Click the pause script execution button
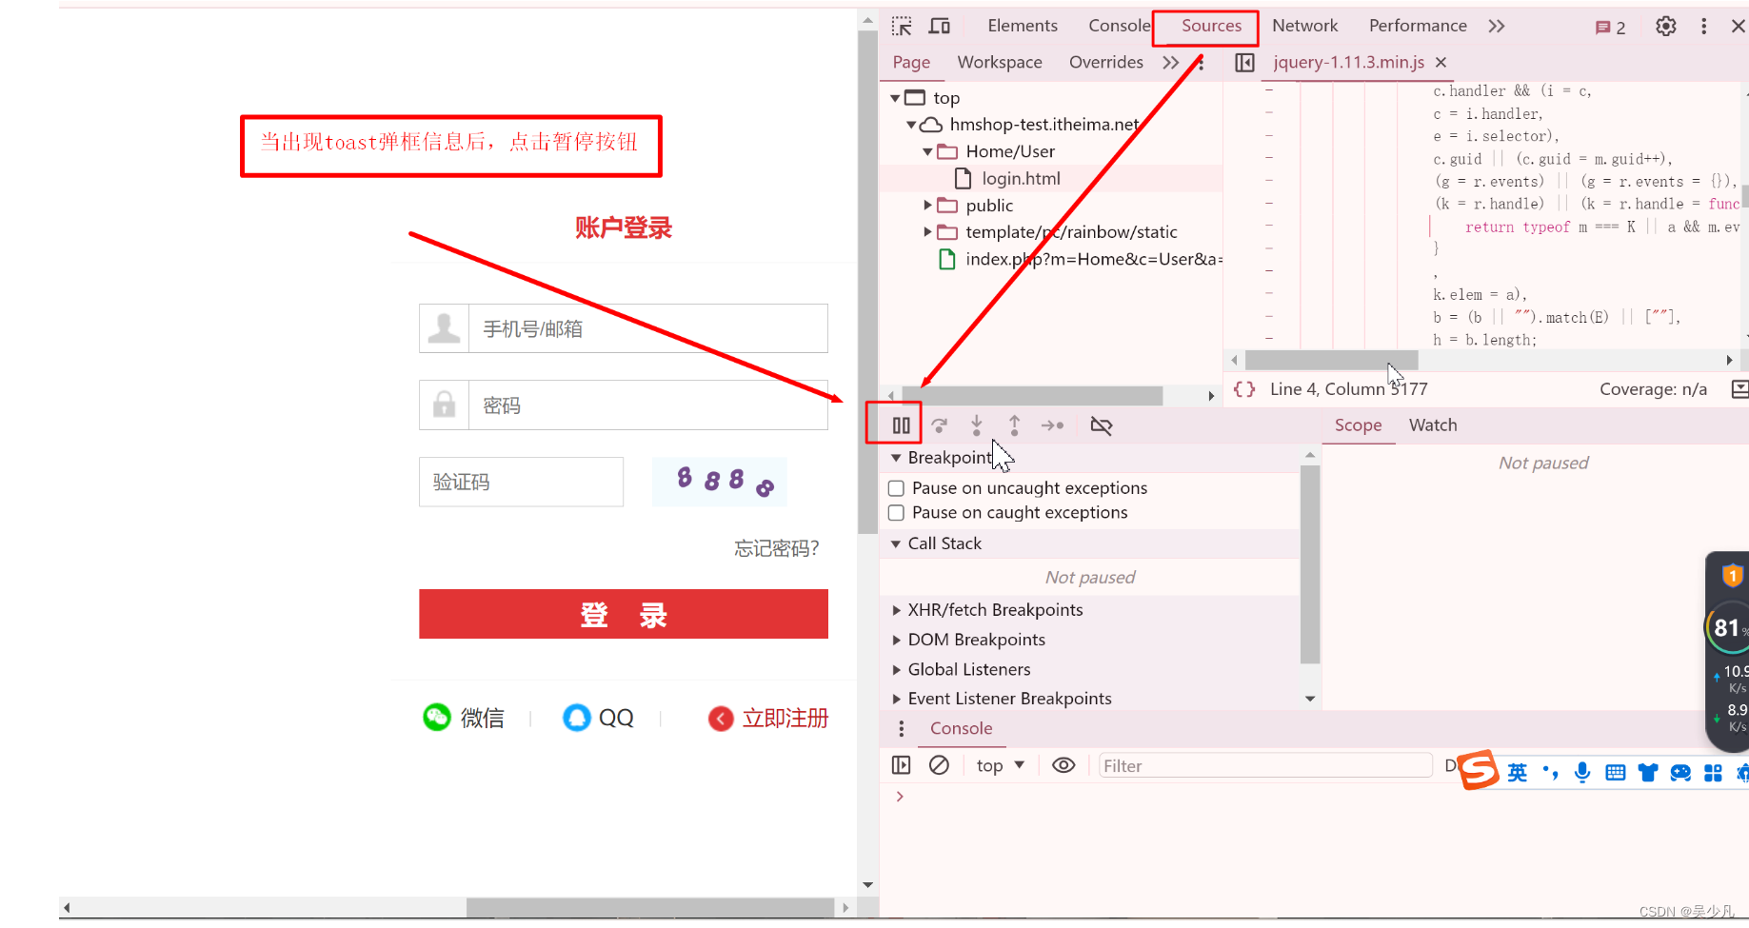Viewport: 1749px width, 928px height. (x=901, y=425)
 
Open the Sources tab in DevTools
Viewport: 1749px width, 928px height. (x=1210, y=27)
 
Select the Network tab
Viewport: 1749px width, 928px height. (x=1304, y=27)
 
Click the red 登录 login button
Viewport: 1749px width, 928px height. (x=623, y=615)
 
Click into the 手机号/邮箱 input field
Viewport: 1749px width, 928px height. (x=647, y=329)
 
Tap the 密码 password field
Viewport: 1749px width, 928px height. (x=647, y=405)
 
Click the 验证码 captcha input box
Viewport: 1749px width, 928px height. (x=521, y=483)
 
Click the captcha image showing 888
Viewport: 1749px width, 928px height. (x=720, y=481)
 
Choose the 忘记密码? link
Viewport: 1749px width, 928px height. (x=776, y=548)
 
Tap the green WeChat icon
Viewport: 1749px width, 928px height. (x=437, y=717)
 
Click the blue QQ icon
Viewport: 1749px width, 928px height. (x=577, y=717)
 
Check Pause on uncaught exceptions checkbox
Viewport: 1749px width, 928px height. (x=896, y=488)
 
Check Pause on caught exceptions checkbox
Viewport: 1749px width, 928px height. (x=896, y=513)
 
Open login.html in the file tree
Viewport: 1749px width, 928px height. (x=1020, y=179)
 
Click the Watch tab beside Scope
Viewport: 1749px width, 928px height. (x=1432, y=425)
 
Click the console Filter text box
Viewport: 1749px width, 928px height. (x=1264, y=766)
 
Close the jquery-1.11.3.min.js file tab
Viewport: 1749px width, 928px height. (x=1441, y=63)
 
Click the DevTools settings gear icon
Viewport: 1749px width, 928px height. (x=1665, y=27)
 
